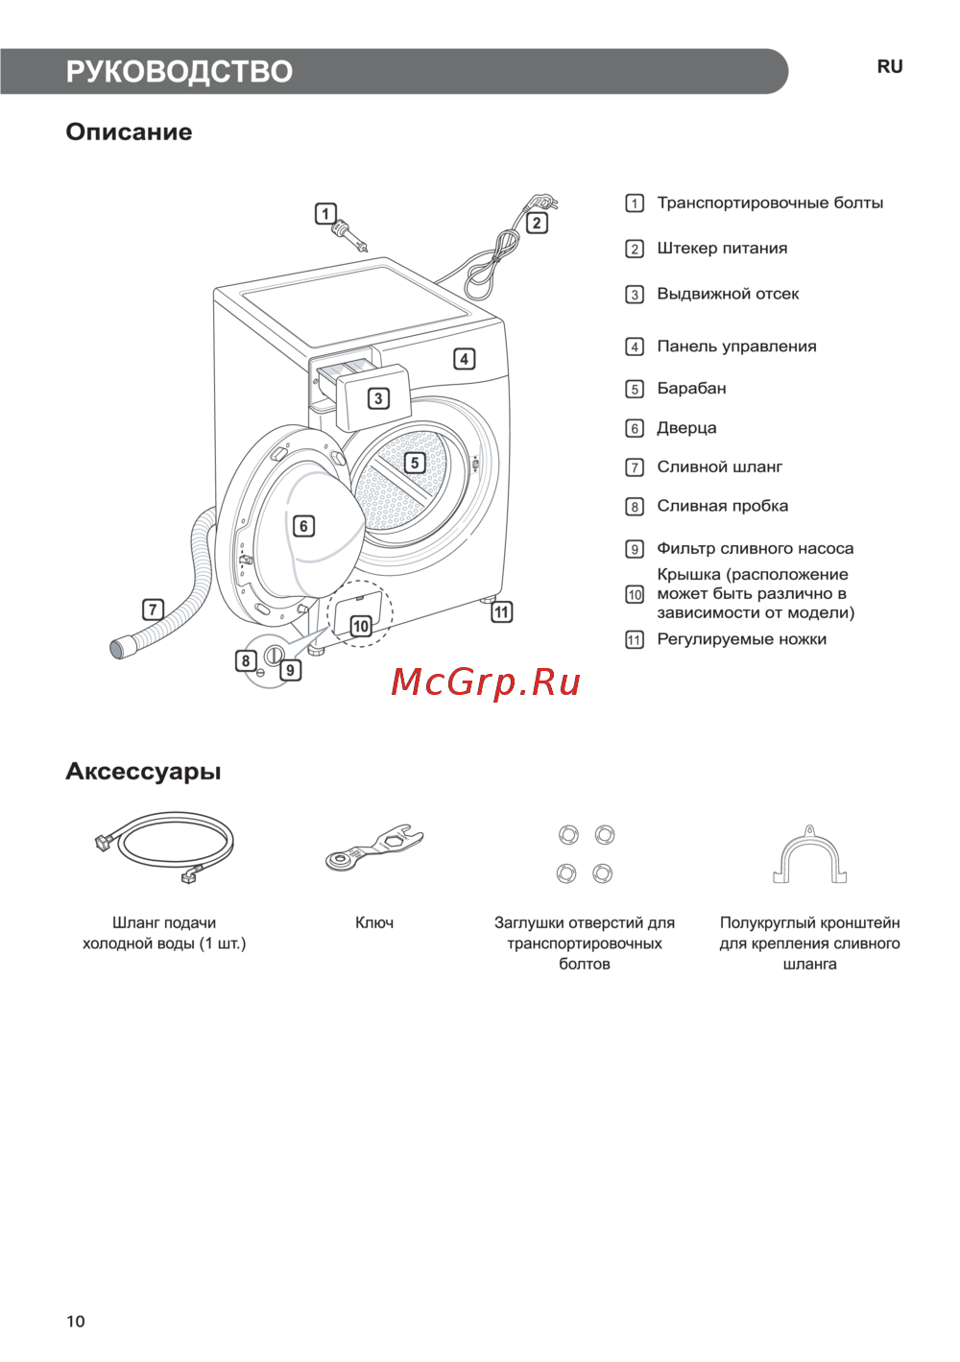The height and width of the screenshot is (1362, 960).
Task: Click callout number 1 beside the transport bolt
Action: point(325,213)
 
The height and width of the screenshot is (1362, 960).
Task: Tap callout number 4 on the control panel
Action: point(464,359)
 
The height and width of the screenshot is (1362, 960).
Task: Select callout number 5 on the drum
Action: point(415,463)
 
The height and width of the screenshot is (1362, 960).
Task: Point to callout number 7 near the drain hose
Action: point(153,609)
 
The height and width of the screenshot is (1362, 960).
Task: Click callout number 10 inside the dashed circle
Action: point(361,626)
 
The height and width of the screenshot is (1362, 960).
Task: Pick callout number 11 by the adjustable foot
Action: point(501,611)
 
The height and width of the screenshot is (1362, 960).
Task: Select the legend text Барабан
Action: point(691,389)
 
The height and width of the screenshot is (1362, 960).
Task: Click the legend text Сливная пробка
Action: point(722,506)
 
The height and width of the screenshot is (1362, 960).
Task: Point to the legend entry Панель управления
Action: point(736,346)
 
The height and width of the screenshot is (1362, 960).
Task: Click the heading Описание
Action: point(129,131)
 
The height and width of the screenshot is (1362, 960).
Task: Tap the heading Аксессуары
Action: point(143,772)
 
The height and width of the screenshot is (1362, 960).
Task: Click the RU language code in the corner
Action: point(890,67)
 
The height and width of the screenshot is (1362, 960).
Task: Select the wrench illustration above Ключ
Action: point(373,848)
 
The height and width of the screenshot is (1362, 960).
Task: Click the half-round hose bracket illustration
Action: point(809,853)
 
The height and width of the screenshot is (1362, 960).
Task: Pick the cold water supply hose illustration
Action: point(164,847)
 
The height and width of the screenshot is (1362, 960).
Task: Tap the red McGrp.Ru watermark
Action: point(485,682)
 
